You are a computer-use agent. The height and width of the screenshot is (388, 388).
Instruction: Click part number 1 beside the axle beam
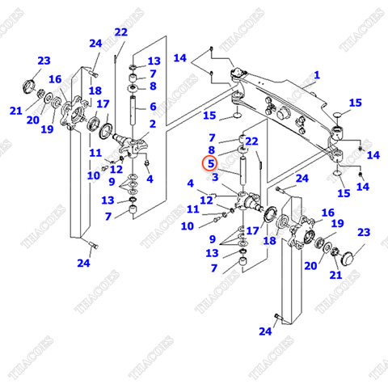[x=317, y=74]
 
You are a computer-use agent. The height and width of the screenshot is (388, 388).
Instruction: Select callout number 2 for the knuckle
[x=151, y=124]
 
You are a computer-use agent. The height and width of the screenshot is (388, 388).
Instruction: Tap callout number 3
[x=215, y=177]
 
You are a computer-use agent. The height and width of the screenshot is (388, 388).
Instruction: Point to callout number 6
[x=152, y=106]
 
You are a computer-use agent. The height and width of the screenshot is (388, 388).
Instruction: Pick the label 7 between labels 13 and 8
[x=152, y=74]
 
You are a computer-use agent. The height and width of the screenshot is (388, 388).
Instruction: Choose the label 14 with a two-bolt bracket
[x=179, y=58]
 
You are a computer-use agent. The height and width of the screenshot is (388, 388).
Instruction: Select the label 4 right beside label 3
[x=190, y=183]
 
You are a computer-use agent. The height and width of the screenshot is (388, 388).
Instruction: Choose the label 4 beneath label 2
[x=151, y=179]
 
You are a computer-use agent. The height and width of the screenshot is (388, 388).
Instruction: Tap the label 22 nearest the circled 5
[x=251, y=141]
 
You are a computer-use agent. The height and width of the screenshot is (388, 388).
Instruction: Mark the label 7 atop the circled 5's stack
[x=212, y=138]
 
